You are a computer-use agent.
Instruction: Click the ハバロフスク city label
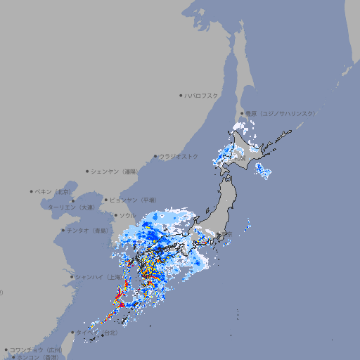[202, 95]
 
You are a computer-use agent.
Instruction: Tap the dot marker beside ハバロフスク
[181, 95]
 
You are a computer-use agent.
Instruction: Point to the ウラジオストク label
[179, 156]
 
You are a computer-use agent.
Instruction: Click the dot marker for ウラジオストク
[155, 156]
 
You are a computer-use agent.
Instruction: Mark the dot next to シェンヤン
[88, 171]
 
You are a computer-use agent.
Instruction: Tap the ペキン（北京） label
[53, 191]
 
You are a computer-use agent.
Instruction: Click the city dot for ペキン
[32, 191]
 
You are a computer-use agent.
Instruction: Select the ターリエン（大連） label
[70, 207]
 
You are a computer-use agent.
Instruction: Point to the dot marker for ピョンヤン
[106, 200]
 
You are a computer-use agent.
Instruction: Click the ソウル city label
[127, 215]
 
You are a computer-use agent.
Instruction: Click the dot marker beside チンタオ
[63, 230]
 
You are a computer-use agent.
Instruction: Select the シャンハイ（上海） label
[98, 277]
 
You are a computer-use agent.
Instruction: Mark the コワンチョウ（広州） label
[36, 349]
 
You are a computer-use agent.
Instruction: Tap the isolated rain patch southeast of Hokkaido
[263, 171]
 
